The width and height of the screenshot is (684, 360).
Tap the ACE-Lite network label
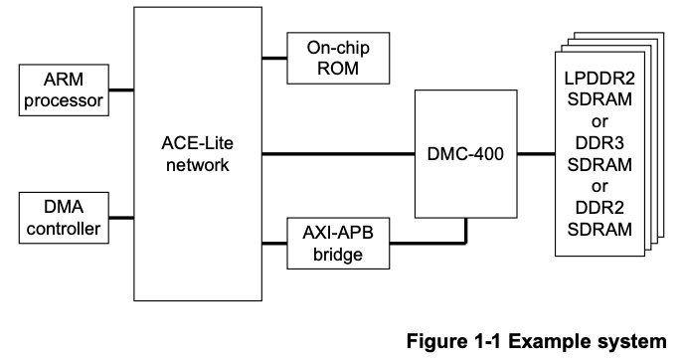point(195,153)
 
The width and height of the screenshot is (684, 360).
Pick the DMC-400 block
point(465,154)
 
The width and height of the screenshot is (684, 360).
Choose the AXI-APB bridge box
point(334,243)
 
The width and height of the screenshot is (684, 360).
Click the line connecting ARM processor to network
point(120,90)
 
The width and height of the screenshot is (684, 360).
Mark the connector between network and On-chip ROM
point(272,58)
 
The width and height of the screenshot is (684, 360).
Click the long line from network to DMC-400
point(338,154)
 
